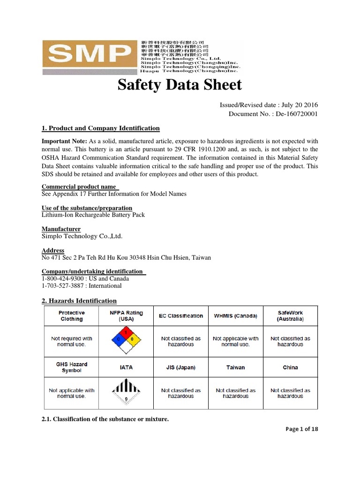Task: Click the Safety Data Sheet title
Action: point(180,85)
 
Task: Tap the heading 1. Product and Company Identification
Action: point(101,128)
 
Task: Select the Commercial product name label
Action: point(79,187)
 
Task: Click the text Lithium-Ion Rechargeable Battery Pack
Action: point(93,215)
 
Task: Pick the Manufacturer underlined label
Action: point(61,229)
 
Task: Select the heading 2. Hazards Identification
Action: point(79,301)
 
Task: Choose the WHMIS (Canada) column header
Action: point(235,316)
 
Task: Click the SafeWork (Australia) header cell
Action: point(290,315)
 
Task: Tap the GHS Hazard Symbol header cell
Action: point(72,367)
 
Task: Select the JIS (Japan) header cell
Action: point(181,367)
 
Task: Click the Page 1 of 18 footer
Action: point(301,429)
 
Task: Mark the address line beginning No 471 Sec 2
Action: point(127,257)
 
